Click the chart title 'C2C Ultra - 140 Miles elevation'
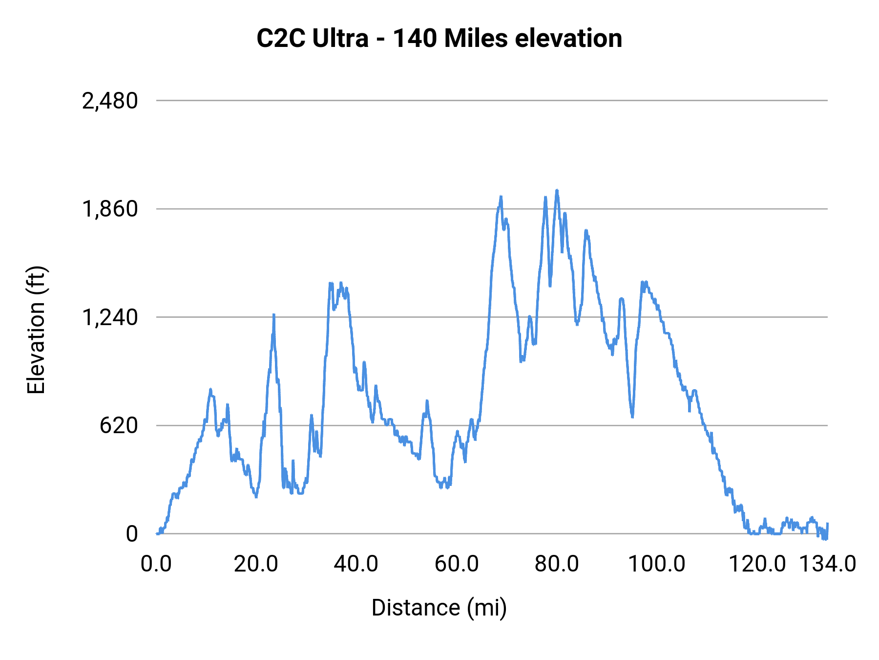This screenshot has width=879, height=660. point(439,38)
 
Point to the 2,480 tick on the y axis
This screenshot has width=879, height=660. point(110,101)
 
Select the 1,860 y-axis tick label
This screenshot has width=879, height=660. point(110,209)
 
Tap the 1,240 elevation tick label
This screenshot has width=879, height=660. point(110,318)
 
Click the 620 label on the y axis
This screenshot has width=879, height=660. point(119,426)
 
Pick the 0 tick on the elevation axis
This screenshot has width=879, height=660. point(131,534)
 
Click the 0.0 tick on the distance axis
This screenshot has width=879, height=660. point(156,564)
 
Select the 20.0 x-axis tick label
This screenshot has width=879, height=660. point(256,564)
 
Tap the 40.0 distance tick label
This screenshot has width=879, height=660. point(356,564)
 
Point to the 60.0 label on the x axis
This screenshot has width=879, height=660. point(457,564)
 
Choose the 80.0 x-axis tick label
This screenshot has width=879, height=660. point(557,564)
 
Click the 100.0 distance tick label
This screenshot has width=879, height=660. point(656,564)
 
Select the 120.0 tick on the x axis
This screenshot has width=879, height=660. point(757,564)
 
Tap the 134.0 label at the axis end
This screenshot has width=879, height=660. point(827,564)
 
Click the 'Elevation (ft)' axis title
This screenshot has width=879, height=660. point(36,330)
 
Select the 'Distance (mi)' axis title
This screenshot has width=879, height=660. point(439,608)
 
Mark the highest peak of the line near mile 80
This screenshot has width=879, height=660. point(557,191)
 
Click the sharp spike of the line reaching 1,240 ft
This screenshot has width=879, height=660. point(274,315)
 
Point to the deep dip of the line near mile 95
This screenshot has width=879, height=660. point(632,416)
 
